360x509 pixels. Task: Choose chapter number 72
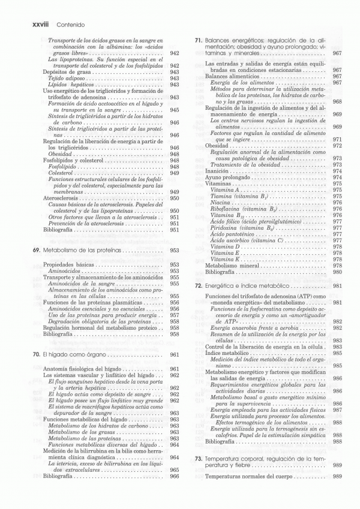(x=198, y=286)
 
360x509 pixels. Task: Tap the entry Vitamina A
(x=226, y=189)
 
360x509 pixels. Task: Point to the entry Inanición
(x=218, y=171)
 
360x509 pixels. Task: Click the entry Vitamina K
(x=226, y=259)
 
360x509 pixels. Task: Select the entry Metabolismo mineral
(x=232, y=266)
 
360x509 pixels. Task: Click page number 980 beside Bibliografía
(x=337, y=272)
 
